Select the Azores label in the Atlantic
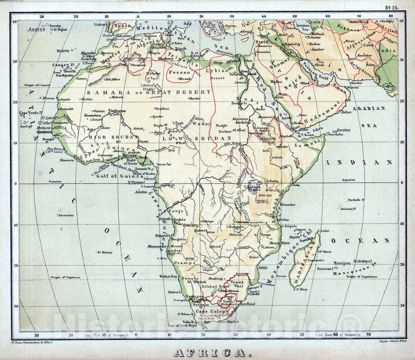(x=37, y=29)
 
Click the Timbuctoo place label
(x=117, y=111)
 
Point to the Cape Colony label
(x=207, y=311)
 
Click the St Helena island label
(x=105, y=253)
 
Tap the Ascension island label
(x=66, y=215)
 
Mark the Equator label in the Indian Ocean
(x=348, y=180)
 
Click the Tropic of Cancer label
(x=37, y=85)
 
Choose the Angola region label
(x=179, y=219)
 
